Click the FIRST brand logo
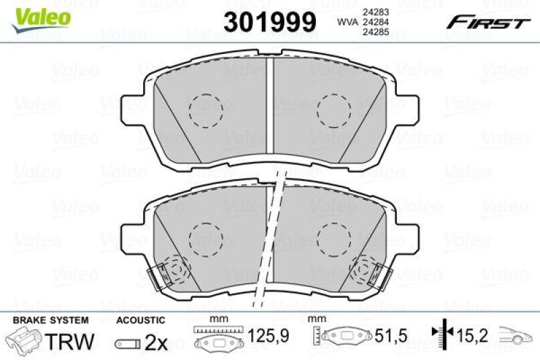pyautogui.click(x=485, y=23)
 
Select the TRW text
pyautogui.click(x=71, y=342)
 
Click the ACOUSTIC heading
pyautogui.click(x=140, y=319)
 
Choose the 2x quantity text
pyautogui.click(x=157, y=342)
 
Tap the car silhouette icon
pyautogui.click(x=516, y=336)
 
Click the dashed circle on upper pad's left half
pyautogui.click(x=205, y=109)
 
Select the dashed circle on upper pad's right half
pyautogui.click(x=334, y=109)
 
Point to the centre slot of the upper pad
pyautogui.click(x=270, y=108)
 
